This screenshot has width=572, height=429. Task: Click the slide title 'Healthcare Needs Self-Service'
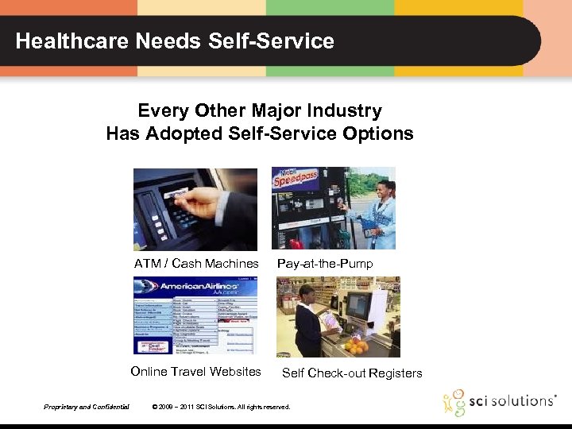coord(175,41)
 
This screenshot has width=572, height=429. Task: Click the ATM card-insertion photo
coord(195,209)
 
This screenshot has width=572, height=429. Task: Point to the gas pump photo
coord(334,209)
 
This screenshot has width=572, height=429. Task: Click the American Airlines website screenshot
coord(195,315)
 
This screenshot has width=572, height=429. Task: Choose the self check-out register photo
coord(338,316)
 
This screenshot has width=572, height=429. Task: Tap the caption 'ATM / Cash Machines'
coord(196,264)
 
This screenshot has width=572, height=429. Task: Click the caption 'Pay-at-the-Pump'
coord(324,264)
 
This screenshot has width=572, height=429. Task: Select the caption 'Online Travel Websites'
coord(195,372)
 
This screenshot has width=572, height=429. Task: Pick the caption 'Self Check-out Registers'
coord(352,373)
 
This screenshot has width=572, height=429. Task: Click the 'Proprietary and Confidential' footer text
coord(87,407)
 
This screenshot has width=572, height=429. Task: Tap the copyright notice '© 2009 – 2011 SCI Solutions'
coord(221,407)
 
